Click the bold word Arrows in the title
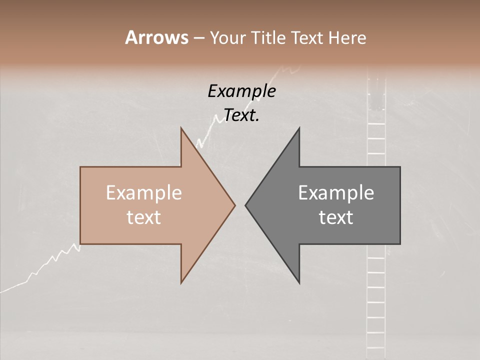pyautogui.click(x=156, y=37)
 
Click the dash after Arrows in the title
pyautogui.click(x=198, y=38)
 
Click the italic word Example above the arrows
pyautogui.click(x=241, y=91)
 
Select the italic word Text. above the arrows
pyautogui.click(x=241, y=115)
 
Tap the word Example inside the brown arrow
pyautogui.click(x=144, y=193)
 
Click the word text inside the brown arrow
pyautogui.click(x=144, y=217)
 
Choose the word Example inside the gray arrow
pyautogui.click(x=336, y=193)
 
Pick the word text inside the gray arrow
pyautogui.click(x=336, y=217)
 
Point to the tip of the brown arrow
pyautogui.click(x=235, y=205)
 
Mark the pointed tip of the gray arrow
pyautogui.click(x=245, y=205)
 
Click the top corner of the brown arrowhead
pyautogui.click(x=181, y=127)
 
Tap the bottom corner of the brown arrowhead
pyautogui.click(x=181, y=283)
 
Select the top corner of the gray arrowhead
pyautogui.click(x=299, y=127)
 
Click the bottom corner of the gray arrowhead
pyautogui.click(x=299, y=283)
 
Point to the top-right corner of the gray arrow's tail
pyautogui.click(x=400, y=167)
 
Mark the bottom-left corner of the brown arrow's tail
pyautogui.click(x=80, y=244)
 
